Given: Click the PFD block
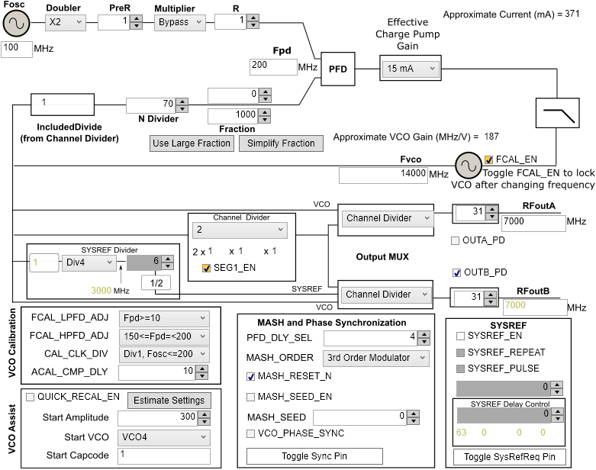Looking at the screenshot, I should pyautogui.click(x=337, y=68).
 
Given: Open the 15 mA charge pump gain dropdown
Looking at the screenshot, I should pyautogui.click(x=410, y=69).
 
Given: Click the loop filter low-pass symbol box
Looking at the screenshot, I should pyautogui.click(x=560, y=116).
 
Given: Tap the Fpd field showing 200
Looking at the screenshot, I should pyautogui.click(x=272, y=67).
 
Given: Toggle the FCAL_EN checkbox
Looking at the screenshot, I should pyautogui.click(x=488, y=159).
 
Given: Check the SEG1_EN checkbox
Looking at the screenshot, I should pyautogui.click(x=206, y=268).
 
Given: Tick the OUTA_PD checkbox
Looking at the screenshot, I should pyautogui.click(x=456, y=240).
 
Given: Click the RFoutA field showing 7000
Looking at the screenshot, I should pyautogui.click(x=533, y=222).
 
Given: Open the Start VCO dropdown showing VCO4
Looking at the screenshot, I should pyautogui.click(x=163, y=437).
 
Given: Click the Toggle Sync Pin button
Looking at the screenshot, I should pyautogui.click(x=314, y=456).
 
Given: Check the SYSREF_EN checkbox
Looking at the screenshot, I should pyautogui.click(x=460, y=336).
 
